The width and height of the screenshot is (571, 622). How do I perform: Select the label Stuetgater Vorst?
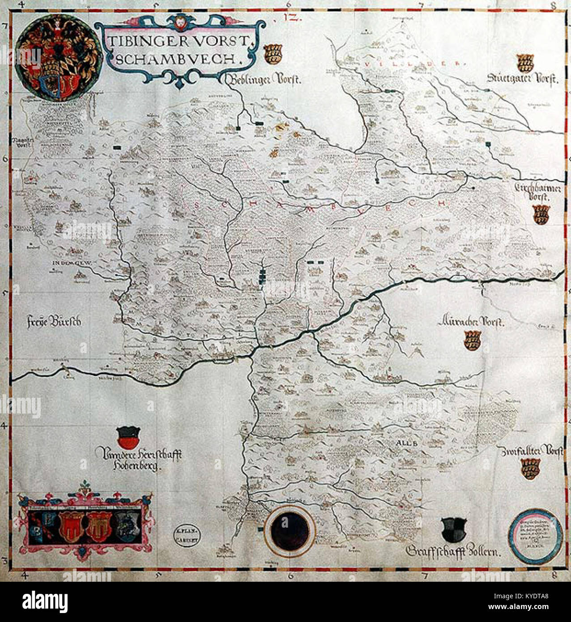point(523,80)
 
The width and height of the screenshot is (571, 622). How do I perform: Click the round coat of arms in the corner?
point(59,57)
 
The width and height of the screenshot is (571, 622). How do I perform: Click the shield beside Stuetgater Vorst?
point(525,63)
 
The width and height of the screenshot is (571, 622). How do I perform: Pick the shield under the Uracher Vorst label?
point(472,340)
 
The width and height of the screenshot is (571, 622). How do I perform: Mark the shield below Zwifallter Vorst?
point(530,469)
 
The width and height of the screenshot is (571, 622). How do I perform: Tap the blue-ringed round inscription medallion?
point(537,535)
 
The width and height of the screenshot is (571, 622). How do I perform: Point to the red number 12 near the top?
point(287,19)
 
